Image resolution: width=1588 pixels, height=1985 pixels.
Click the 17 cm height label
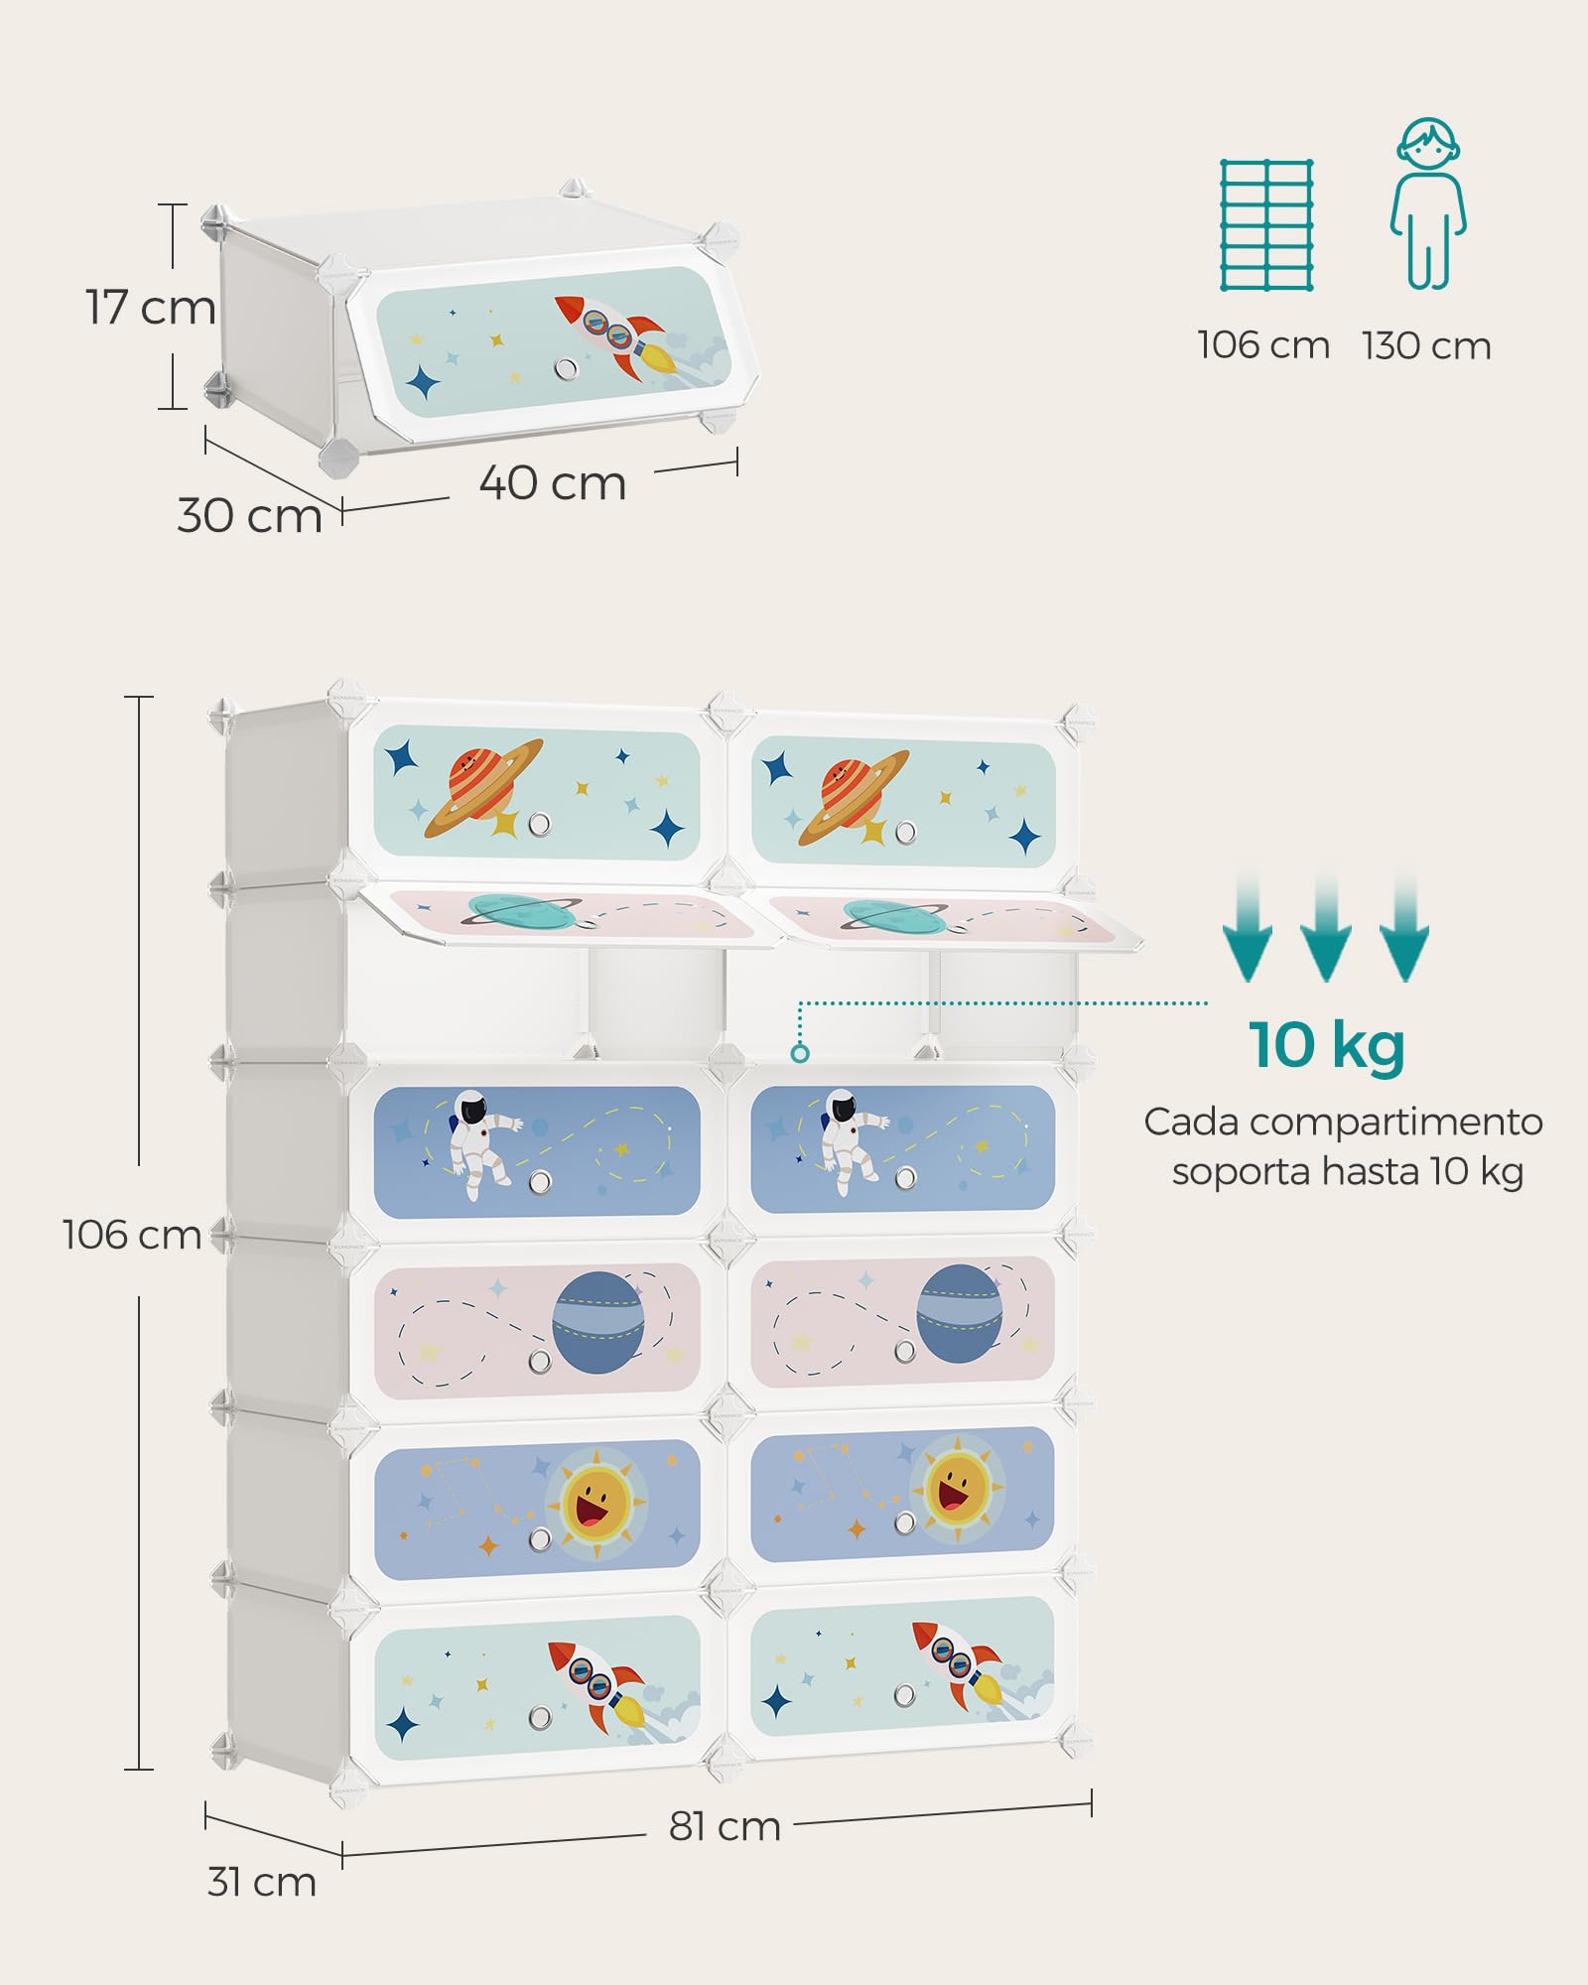(x=151, y=307)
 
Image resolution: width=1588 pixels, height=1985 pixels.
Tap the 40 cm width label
(x=553, y=483)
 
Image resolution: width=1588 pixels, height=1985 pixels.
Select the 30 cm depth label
(x=250, y=516)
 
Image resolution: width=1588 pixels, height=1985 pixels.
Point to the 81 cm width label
(x=725, y=1826)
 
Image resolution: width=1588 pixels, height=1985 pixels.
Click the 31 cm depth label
(x=261, y=1882)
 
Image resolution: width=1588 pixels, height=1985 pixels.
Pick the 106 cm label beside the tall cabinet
(x=132, y=1235)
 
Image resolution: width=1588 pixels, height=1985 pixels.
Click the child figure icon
(x=1427, y=203)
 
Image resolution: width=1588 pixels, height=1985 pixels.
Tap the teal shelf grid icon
(x=1266, y=224)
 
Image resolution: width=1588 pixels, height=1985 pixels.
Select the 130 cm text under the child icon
(x=1427, y=346)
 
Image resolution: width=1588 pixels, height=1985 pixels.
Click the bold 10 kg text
(x=1327, y=1045)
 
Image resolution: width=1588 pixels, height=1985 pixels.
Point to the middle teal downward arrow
(x=1326, y=928)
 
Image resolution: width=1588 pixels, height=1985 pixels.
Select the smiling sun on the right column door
(x=957, y=1488)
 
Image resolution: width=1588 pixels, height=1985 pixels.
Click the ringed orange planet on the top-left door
(x=483, y=788)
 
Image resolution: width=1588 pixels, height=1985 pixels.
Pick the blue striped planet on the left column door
(x=598, y=1322)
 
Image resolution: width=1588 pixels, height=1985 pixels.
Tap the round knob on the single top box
(x=567, y=368)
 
